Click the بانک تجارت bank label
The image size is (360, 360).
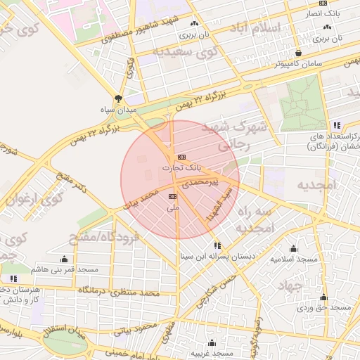[x=181, y=169]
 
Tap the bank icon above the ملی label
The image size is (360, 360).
[x=173, y=196]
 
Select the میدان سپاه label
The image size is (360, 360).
[x=117, y=110]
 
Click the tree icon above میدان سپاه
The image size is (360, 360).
[x=117, y=99]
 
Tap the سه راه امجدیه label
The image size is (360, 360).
[x=253, y=219]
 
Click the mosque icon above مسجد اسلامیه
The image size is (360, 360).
[x=293, y=248]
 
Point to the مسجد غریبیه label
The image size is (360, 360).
[x=220, y=352]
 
